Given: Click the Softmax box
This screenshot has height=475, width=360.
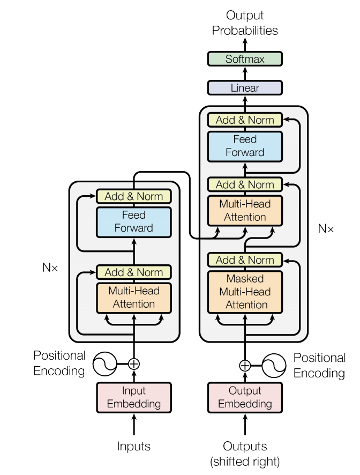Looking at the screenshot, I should tap(245, 59).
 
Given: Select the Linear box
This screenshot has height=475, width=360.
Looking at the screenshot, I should tap(245, 88).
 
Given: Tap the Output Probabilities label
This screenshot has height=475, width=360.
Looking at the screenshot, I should tap(245, 23).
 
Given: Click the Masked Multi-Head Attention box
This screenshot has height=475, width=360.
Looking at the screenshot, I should tap(245, 292).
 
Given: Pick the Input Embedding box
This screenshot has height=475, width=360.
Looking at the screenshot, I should tap(134, 397).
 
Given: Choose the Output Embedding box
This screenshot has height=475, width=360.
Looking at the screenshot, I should tap(245, 397).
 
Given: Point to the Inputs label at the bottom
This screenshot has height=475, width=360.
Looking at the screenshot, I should tap(134, 446).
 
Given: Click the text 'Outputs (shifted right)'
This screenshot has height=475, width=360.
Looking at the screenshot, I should tap(245, 453).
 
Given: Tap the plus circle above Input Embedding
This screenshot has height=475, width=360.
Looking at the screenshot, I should tap(134, 364).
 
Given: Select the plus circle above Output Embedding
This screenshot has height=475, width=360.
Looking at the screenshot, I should tap(245, 366).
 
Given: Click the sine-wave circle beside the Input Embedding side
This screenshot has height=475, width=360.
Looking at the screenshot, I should tap(105, 364).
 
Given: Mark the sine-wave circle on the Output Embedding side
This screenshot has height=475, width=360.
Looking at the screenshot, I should tap(274, 366).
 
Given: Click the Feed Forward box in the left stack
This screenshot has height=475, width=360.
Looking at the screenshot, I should tap(134, 221).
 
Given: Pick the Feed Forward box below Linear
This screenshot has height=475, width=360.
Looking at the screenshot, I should tap(245, 146).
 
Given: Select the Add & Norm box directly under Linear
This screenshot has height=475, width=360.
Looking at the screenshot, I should tap(245, 120).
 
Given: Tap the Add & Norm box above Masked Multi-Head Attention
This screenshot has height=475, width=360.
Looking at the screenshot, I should tap(245, 260).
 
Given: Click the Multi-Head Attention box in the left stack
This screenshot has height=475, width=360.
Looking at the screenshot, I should tap(134, 298).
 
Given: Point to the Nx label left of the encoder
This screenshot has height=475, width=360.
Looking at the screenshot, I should tap(50, 266).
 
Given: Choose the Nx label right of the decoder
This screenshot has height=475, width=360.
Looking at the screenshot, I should tap(326, 228).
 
